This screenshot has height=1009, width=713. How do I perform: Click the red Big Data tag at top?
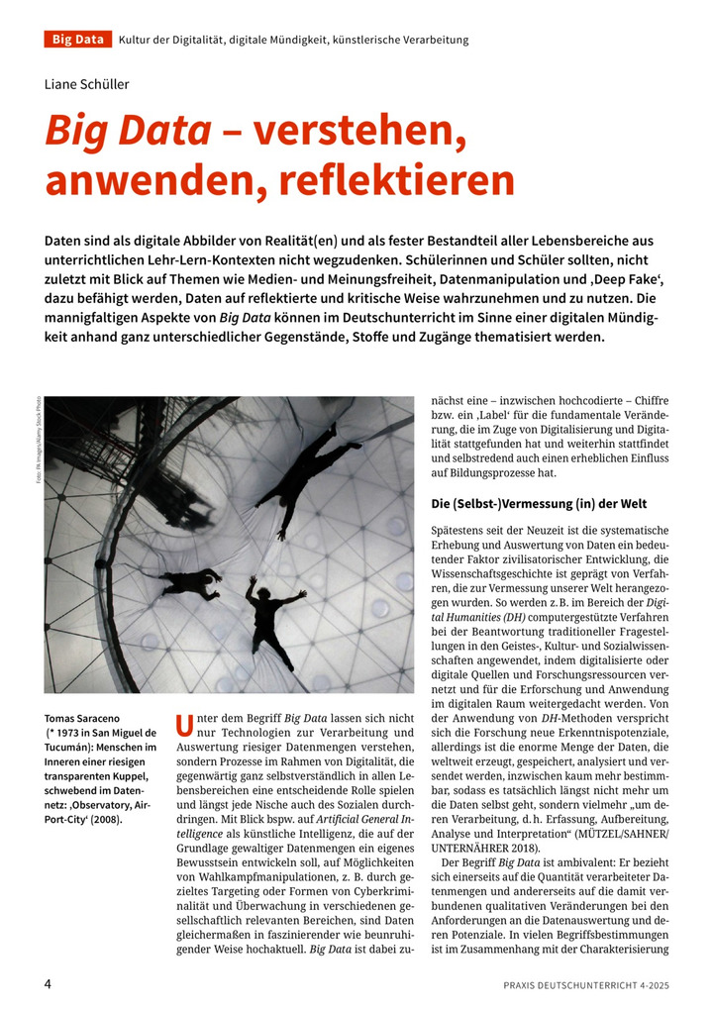(77, 40)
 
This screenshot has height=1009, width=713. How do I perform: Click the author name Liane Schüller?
(86, 84)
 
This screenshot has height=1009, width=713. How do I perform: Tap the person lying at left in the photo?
(191, 581)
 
